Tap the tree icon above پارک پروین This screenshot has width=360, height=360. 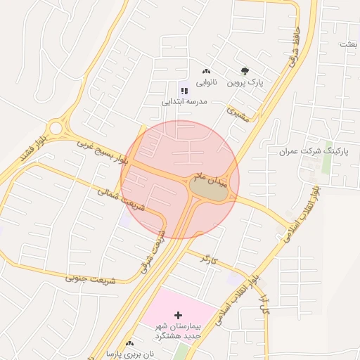(x=245, y=71)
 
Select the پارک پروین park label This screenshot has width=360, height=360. (x=245, y=82)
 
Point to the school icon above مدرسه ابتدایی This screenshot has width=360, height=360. (x=184, y=91)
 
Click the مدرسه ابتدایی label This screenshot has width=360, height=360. (x=184, y=102)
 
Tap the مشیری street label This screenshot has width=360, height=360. (x=240, y=116)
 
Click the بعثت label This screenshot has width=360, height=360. (x=348, y=44)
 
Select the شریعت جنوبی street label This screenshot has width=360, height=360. (x=89, y=278)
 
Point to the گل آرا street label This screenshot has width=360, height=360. (x=265, y=304)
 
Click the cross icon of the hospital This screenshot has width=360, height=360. (x=177, y=314)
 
